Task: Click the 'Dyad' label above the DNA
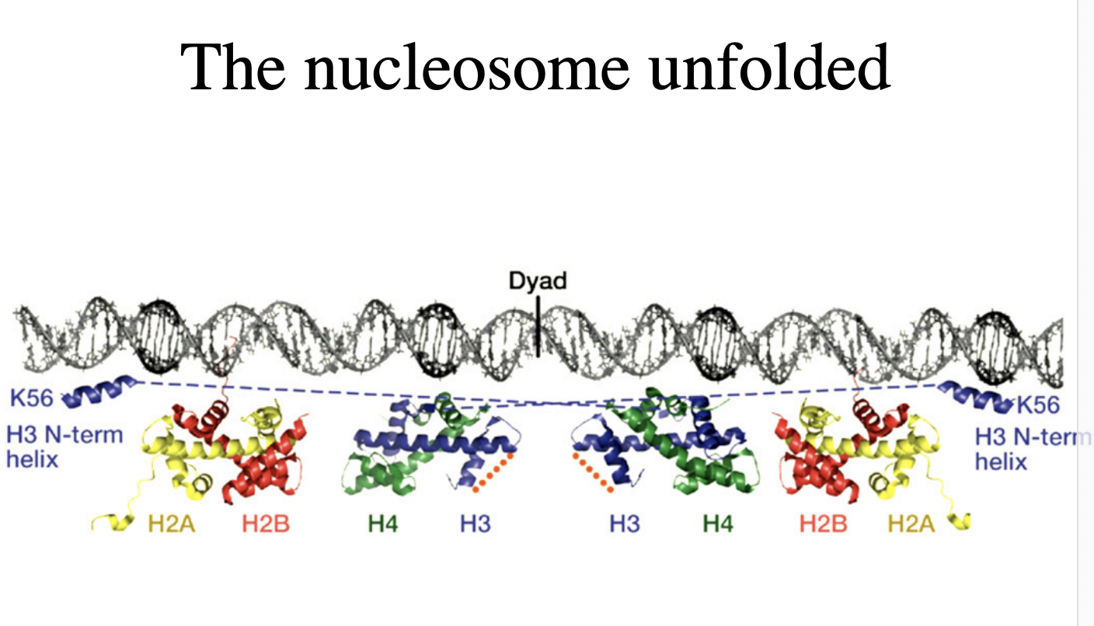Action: click(537, 280)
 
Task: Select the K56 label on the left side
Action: click(31, 399)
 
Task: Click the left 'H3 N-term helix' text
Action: click(64, 446)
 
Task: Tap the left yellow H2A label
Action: click(171, 524)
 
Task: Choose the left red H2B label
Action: click(266, 524)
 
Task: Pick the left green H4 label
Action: click(383, 524)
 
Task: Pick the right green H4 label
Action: click(718, 524)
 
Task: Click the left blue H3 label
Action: click(475, 524)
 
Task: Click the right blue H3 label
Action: click(624, 524)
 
